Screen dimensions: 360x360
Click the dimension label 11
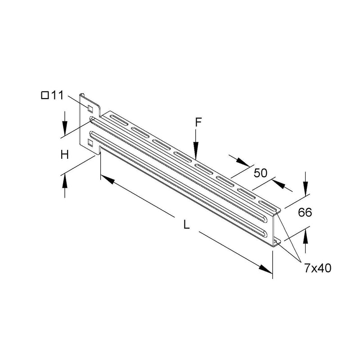click(57, 95)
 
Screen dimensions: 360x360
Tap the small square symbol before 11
click(45, 95)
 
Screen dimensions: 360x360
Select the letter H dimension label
click(65, 155)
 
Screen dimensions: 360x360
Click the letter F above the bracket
click(198, 122)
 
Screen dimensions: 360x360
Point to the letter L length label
click(187, 224)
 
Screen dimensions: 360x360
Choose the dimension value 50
click(261, 173)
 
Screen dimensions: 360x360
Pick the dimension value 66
click(305, 212)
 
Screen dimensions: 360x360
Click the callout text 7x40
click(318, 268)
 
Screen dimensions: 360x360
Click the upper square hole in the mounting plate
click(90, 109)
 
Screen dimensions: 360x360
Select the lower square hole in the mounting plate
click(90, 143)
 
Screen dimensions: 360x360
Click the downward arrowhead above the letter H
click(65, 128)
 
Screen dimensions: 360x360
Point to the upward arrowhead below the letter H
click(65, 181)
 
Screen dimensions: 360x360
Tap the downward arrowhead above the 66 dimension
click(306, 188)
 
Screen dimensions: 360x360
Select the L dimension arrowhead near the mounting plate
click(108, 179)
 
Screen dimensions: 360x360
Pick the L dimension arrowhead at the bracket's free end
click(265, 269)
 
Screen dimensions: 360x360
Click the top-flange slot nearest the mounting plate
click(119, 120)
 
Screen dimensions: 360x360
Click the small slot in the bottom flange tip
click(276, 242)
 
